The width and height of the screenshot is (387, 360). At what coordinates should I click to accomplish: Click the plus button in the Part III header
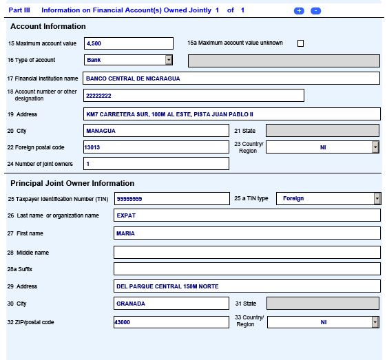click(299, 11)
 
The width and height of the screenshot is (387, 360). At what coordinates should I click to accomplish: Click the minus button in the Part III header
click(315, 11)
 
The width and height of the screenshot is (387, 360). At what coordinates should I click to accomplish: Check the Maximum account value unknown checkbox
click(300, 43)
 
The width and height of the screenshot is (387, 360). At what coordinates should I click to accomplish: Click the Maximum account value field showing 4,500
click(128, 43)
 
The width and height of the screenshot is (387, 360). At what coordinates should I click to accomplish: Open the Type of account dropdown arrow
click(169, 60)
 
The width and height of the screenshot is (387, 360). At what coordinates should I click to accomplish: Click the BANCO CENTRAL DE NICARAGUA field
click(231, 78)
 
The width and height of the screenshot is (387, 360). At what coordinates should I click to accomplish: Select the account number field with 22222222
click(193, 96)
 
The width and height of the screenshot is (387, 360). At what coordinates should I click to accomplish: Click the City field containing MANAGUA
click(156, 131)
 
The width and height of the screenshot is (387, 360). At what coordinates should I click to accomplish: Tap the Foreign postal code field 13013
click(156, 147)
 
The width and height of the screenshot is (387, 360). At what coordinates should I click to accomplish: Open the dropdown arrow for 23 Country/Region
click(375, 147)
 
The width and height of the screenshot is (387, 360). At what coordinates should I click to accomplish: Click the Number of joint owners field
click(156, 164)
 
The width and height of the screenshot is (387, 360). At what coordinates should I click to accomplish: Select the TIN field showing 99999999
click(171, 199)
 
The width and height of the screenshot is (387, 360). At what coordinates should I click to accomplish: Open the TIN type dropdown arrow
click(377, 199)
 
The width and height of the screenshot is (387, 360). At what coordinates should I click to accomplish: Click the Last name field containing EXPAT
click(247, 215)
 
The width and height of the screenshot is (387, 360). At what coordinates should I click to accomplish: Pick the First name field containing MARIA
click(247, 233)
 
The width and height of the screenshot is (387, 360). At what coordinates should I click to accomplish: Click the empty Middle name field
click(247, 253)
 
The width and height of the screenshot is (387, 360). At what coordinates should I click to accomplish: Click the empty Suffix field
click(247, 269)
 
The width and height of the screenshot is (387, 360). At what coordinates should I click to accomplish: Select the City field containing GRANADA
click(171, 304)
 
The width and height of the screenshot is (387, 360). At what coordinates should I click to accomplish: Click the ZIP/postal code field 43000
click(171, 322)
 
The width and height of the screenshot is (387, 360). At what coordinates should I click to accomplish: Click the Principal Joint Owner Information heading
click(72, 183)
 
